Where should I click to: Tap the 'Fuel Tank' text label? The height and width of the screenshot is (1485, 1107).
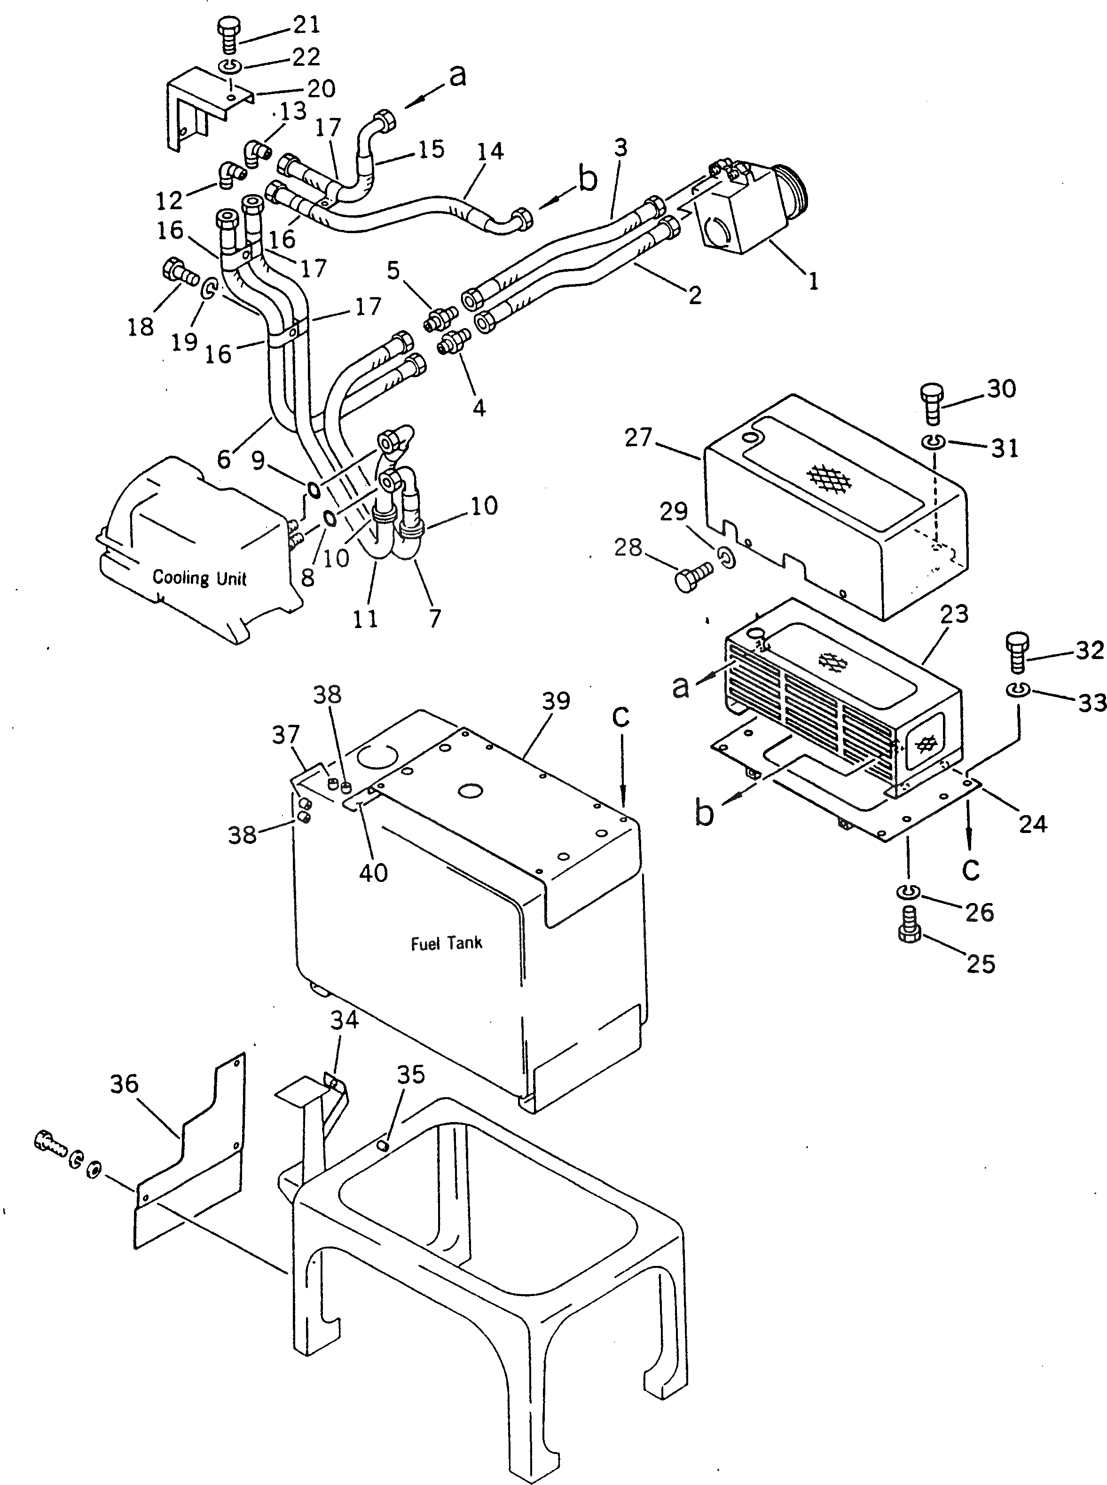tap(446, 943)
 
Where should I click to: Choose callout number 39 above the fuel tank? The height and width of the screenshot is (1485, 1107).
tap(556, 701)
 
